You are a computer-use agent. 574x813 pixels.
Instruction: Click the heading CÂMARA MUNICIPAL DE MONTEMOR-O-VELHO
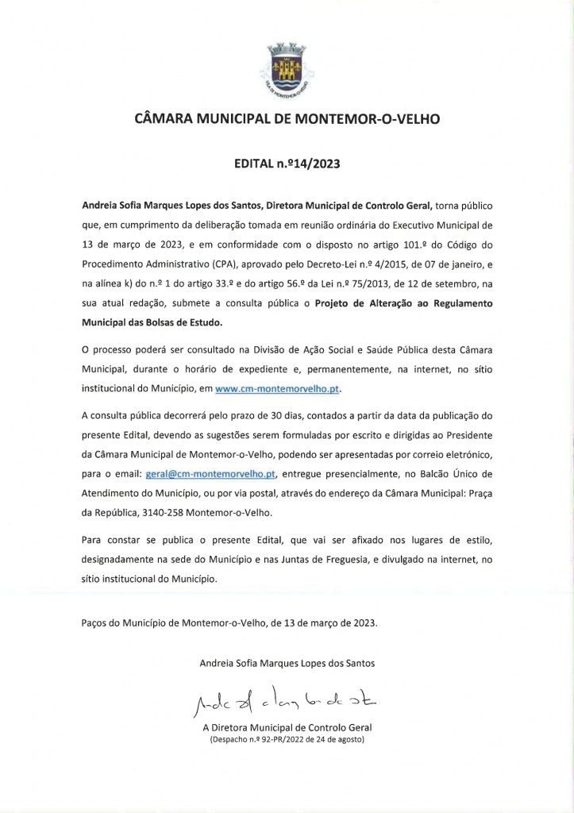pos(287,120)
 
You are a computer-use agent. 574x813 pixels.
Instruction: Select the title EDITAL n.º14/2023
pos(287,164)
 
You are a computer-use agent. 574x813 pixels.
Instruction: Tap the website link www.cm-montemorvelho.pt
pos(282,389)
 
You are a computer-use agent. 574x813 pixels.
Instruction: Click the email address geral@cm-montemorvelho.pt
pos(210,474)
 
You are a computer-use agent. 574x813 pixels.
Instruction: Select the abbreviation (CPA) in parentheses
pos(207,263)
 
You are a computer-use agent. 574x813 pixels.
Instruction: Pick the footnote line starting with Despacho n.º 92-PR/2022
pos(287,740)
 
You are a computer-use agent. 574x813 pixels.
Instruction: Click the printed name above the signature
pos(287,662)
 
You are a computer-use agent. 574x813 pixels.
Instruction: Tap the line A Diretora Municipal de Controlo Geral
pos(287,727)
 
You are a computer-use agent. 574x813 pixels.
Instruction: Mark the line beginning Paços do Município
pos(229,622)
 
